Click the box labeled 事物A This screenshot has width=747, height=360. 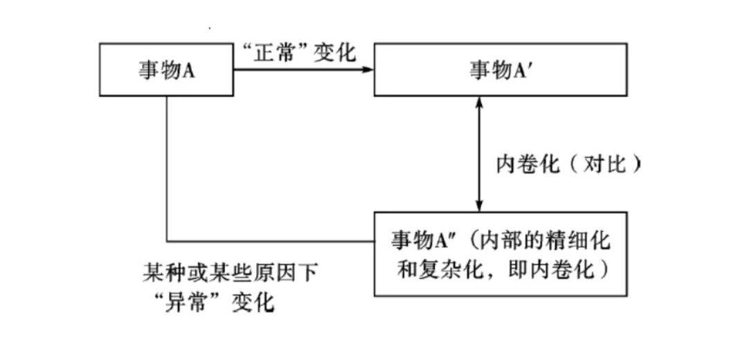point(166,70)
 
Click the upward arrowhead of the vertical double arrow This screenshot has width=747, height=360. point(478,102)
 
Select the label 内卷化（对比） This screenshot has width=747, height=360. point(568,164)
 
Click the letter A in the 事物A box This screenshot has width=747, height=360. point(188,71)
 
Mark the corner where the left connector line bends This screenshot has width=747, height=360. point(167,242)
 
